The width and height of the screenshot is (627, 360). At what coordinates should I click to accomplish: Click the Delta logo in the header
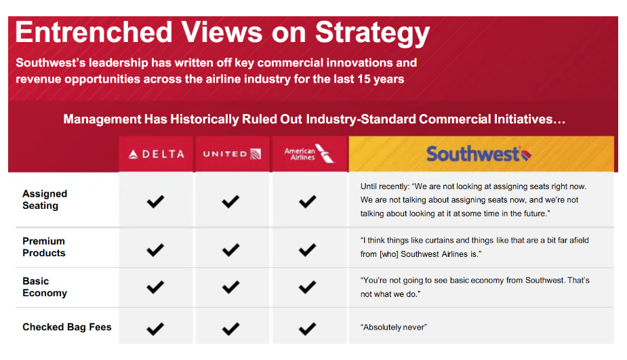click(x=157, y=154)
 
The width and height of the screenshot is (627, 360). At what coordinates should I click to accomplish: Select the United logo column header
click(x=232, y=154)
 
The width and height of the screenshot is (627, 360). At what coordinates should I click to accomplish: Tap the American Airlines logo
click(x=310, y=154)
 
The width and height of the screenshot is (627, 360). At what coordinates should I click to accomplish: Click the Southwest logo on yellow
click(x=479, y=154)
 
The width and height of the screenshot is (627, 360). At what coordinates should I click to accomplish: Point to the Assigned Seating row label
click(x=45, y=199)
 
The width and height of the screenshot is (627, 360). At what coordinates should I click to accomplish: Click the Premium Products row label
click(x=44, y=247)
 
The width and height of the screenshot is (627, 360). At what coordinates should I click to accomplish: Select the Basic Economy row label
click(x=45, y=287)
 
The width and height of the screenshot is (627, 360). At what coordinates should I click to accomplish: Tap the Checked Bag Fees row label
click(x=67, y=327)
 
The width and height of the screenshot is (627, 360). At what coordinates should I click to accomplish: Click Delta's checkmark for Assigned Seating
click(x=155, y=201)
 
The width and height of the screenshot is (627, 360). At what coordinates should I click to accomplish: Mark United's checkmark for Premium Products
click(x=230, y=250)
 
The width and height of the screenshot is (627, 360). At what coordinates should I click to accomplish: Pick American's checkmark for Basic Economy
click(x=307, y=287)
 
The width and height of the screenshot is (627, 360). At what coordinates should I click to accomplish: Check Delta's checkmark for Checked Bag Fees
click(x=155, y=329)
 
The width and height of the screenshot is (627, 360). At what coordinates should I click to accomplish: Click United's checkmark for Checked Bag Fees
click(x=230, y=329)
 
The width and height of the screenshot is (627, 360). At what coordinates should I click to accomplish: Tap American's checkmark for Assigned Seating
click(x=307, y=201)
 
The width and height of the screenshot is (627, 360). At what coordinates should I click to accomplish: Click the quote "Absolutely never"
click(x=393, y=327)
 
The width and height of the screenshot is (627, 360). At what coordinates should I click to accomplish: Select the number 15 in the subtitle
click(x=364, y=79)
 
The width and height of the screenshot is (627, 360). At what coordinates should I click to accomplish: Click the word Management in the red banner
click(x=102, y=119)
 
